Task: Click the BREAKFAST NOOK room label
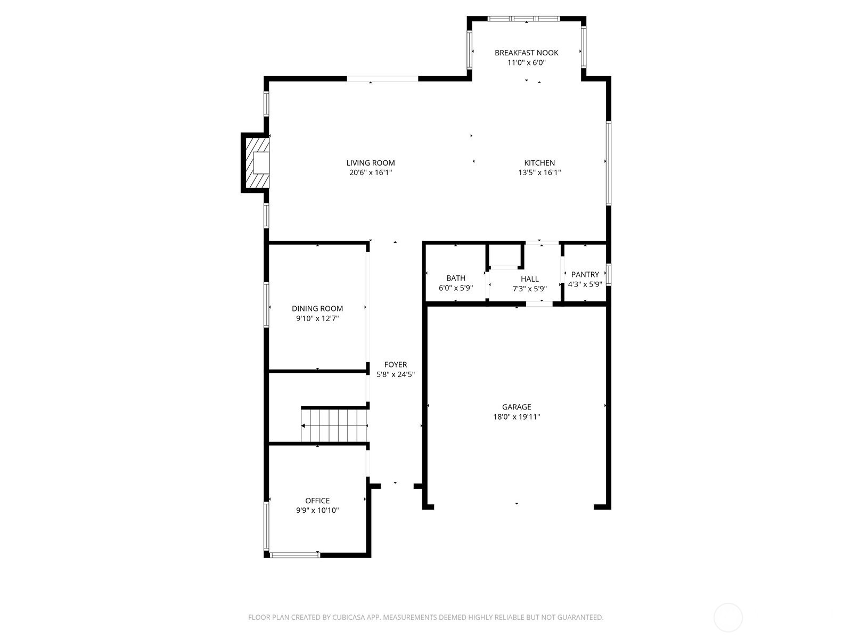[526, 53]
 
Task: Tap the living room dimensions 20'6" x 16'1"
[371, 173]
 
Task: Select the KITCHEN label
[539, 163]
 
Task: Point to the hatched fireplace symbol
[256, 162]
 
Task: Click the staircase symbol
[334, 425]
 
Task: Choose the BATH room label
[456, 278]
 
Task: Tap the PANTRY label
[585, 274]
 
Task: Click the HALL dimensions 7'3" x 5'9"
[529, 289]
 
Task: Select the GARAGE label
[517, 407]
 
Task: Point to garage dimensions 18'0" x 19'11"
[517, 417]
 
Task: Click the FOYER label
[395, 365]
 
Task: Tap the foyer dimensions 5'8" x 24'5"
[395, 374]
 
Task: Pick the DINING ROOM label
[317, 308]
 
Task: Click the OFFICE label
[317, 501]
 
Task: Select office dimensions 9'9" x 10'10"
[317, 510]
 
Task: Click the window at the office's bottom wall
[294, 555]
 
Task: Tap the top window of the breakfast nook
[523, 19]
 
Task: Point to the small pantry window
[609, 274]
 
